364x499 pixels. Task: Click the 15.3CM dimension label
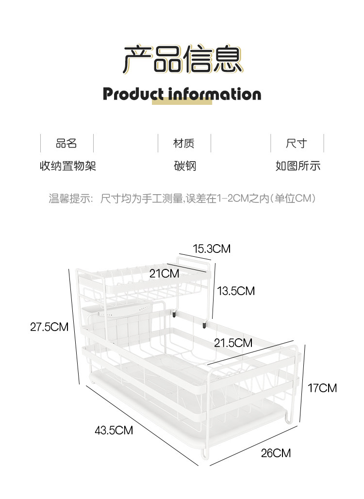pos(212,249)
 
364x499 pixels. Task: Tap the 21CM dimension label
pos(164,274)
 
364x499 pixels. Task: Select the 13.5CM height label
pos(236,291)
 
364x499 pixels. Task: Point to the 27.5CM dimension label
pos(49,327)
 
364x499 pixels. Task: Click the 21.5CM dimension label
pos(233,343)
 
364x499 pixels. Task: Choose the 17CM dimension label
pos(322,388)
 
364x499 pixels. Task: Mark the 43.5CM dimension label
pos(114,430)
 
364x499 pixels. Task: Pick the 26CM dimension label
pos(276,453)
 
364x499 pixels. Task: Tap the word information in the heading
pos(215,94)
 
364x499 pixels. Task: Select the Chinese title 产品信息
pos(182,59)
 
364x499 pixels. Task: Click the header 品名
pos(66,144)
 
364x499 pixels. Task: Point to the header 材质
pos(184,144)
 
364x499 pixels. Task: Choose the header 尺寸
pos(297,144)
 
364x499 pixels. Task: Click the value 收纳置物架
pos(67,166)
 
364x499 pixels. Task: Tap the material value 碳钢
pos(185,166)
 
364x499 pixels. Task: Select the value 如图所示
pos(298,166)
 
